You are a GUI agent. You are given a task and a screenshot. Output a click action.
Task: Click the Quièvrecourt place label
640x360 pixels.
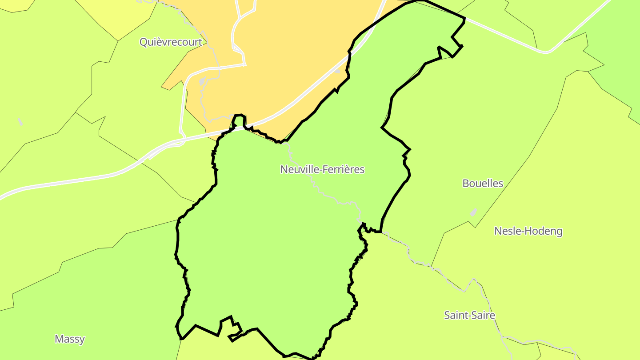pos(171,42)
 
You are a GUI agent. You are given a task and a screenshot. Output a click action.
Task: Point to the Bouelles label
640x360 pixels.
pos(483,183)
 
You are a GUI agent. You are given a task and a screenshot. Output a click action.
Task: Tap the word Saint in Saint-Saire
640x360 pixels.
pos(455,315)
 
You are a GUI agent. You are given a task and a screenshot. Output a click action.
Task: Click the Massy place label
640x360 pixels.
pos(69,339)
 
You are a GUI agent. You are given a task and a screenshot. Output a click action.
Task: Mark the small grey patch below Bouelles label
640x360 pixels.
pos(473,212)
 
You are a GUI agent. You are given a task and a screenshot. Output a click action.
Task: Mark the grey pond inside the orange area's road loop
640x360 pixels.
pos(203,81)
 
